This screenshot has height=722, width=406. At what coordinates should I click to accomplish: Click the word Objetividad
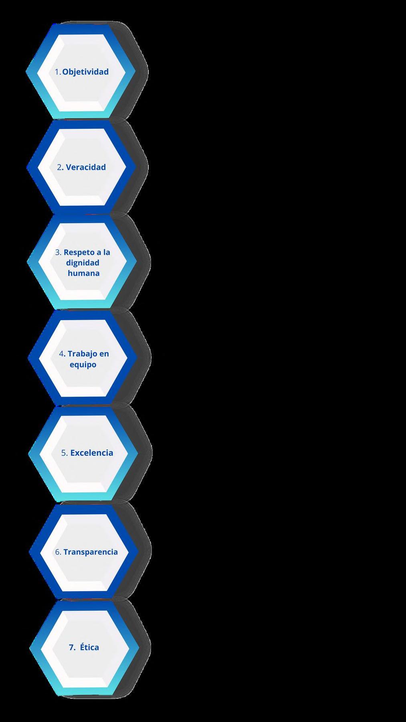(85, 72)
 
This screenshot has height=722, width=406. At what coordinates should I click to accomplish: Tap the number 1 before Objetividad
(57, 72)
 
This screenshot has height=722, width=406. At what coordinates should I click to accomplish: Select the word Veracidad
(86, 167)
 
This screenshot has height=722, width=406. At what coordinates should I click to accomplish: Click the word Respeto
(79, 253)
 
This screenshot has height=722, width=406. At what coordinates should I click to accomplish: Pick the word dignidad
(83, 263)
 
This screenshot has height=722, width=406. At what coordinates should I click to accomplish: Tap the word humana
(84, 273)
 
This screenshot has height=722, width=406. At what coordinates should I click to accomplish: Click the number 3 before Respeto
(58, 253)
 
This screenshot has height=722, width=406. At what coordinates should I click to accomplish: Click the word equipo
(83, 365)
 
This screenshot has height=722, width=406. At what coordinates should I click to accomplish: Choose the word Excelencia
(92, 453)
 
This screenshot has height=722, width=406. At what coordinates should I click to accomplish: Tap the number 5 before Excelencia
(64, 453)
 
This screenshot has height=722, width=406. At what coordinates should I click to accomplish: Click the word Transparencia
(91, 552)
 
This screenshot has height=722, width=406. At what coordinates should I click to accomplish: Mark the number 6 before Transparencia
(58, 552)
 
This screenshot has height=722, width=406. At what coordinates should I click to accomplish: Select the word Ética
(89, 647)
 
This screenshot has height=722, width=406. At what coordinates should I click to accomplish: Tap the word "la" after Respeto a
(106, 253)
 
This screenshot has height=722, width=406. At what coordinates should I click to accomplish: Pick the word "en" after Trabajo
(104, 354)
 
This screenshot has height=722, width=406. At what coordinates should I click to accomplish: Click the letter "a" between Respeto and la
(98, 253)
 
